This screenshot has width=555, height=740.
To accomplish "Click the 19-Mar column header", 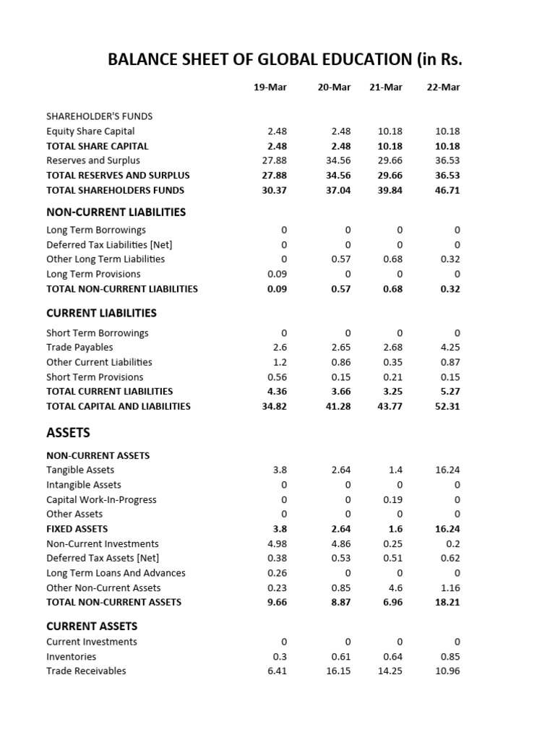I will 270,87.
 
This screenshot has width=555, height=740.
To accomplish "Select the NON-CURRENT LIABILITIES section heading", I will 116,212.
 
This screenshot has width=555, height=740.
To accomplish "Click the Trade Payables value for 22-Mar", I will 450,348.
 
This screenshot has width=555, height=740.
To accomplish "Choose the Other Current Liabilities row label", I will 99,362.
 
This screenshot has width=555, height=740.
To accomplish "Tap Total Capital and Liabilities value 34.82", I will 274,406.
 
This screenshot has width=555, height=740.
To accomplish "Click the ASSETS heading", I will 68,433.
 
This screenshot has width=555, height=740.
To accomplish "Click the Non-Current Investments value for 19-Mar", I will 277,543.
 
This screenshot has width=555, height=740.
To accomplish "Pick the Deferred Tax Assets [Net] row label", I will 103,558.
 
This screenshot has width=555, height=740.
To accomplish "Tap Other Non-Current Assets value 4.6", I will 395,588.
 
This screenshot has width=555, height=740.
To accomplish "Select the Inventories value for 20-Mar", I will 340,656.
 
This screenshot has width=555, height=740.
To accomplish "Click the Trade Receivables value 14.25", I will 390,671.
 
